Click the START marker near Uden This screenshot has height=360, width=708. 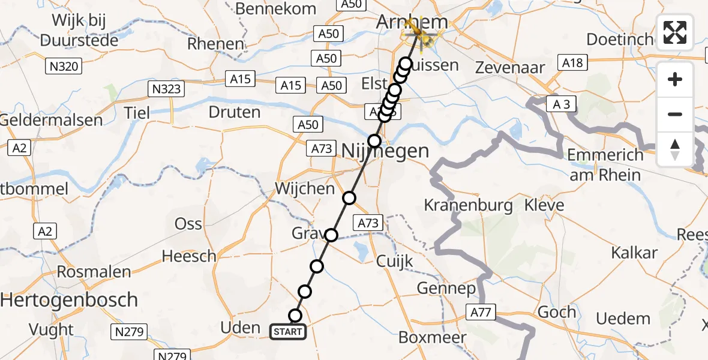(x=289, y=331)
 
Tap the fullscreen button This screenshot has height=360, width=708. (x=675, y=32)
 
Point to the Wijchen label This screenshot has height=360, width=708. (x=305, y=188)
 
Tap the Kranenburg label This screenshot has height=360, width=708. (x=468, y=206)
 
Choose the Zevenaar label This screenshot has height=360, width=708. (x=510, y=67)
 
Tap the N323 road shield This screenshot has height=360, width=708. (x=166, y=90)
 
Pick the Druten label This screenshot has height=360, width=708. (x=235, y=112)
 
